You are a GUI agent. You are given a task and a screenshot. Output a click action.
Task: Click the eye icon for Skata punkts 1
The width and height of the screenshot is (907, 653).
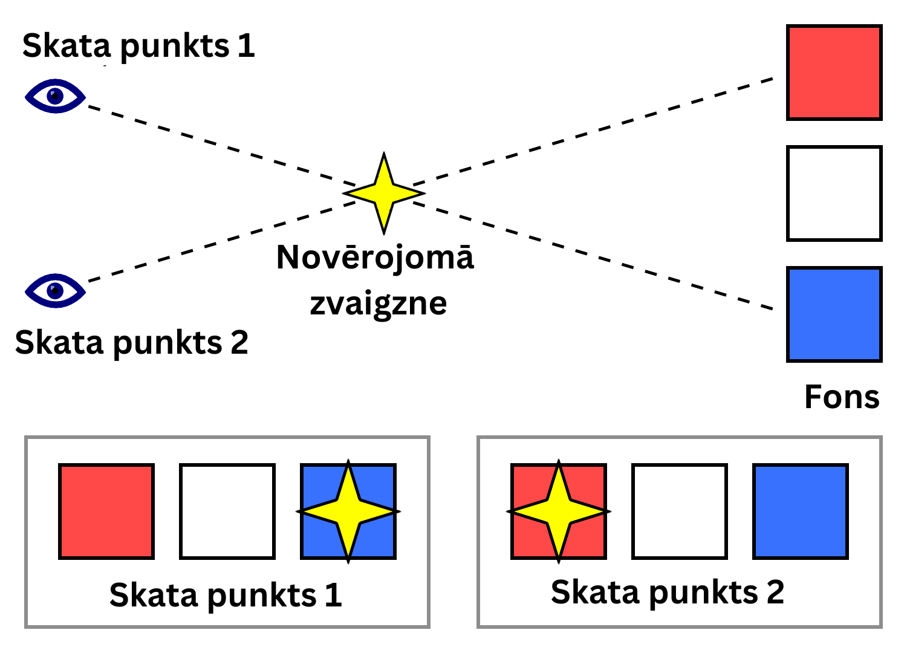[x=55, y=96]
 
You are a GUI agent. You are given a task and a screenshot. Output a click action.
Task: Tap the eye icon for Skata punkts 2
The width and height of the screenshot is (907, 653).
[x=55, y=291]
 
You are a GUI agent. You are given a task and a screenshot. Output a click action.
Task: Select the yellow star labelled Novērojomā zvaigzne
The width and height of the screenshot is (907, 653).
[x=384, y=193]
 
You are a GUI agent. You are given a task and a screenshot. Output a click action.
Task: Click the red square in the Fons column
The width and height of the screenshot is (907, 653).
[x=834, y=73]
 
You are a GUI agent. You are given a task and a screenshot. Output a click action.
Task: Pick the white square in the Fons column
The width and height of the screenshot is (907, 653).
[x=834, y=193]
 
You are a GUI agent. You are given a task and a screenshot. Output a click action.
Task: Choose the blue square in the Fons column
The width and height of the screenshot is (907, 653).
[x=834, y=314]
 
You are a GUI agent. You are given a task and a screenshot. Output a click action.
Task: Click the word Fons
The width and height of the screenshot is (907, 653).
[x=842, y=397]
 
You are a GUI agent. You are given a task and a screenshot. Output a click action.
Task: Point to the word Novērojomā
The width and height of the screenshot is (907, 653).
[x=375, y=258]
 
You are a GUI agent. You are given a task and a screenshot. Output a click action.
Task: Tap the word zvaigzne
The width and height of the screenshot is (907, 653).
[x=379, y=304]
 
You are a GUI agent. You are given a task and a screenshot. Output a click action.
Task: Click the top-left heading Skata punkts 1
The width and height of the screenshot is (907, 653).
[x=138, y=46]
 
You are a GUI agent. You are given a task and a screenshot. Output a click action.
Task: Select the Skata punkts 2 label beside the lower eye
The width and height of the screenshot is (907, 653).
[x=131, y=343]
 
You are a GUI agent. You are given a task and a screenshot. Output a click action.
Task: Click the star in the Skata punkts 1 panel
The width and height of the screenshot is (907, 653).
[x=348, y=512]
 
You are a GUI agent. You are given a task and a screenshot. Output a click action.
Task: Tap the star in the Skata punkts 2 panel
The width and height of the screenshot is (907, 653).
[x=559, y=512]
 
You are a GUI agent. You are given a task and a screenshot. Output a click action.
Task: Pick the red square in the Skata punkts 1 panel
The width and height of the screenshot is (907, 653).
[x=106, y=512]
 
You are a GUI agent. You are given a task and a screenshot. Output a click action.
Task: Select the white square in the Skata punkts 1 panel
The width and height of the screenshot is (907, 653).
[x=227, y=512]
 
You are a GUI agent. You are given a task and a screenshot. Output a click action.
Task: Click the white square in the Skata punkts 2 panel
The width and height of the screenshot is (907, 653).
[x=680, y=512]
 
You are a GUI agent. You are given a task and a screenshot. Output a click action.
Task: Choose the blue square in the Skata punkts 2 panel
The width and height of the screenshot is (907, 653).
[x=801, y=512]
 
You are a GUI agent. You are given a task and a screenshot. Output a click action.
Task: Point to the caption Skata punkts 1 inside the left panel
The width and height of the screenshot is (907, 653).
[x=226, y=596]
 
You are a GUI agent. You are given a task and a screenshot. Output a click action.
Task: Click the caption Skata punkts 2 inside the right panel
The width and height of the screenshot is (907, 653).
[x=668, y=592]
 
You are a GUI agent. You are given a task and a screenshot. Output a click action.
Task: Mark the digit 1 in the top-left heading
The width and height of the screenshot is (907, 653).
[x=246, y=46]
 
